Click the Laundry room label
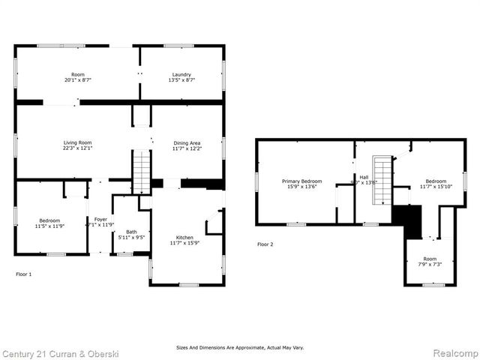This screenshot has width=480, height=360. coord(181,74)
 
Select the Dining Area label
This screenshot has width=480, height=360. coord(187,142)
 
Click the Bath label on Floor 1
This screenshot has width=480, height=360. coord(131,232)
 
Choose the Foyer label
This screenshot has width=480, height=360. coord(100,218)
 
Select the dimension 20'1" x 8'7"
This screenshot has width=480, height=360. coord(77,79)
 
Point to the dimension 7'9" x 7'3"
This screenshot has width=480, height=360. coord(429,264)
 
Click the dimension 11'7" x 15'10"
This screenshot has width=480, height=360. coord(436,186)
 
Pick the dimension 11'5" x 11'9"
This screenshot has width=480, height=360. coord(50,225)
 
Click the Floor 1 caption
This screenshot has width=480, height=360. coord(24,274)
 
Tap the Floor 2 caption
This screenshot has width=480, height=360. coord(265,244)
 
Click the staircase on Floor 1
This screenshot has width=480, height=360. coord(142,172)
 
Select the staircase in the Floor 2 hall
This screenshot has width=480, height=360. coord(382,180)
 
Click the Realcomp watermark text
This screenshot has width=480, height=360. coord(453,352)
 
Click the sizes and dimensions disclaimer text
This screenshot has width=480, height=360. coord(240,347)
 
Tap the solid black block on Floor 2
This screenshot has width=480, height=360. coord(409,220)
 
